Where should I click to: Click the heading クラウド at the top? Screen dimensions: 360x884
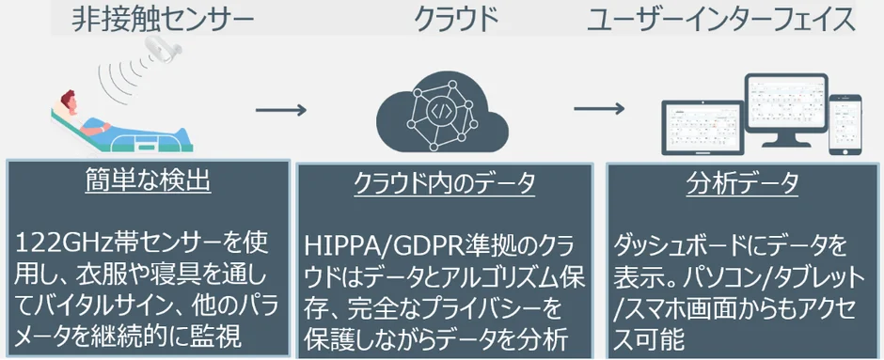point(454,21)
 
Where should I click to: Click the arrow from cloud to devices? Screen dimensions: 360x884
point(599,106)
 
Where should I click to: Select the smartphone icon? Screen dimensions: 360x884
point(845,121)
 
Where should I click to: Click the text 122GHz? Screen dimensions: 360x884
point(66,246)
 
